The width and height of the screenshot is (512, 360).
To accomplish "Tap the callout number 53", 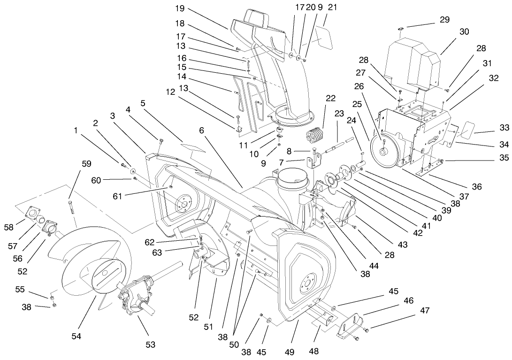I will tap(150, 345).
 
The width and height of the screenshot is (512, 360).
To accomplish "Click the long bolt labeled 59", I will tap(71, 207).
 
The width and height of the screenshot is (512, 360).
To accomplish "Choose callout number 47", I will tap(425, 310).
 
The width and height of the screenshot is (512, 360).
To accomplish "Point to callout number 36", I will tap(477, 186).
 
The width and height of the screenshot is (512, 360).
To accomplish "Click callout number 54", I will tap(76, 336).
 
